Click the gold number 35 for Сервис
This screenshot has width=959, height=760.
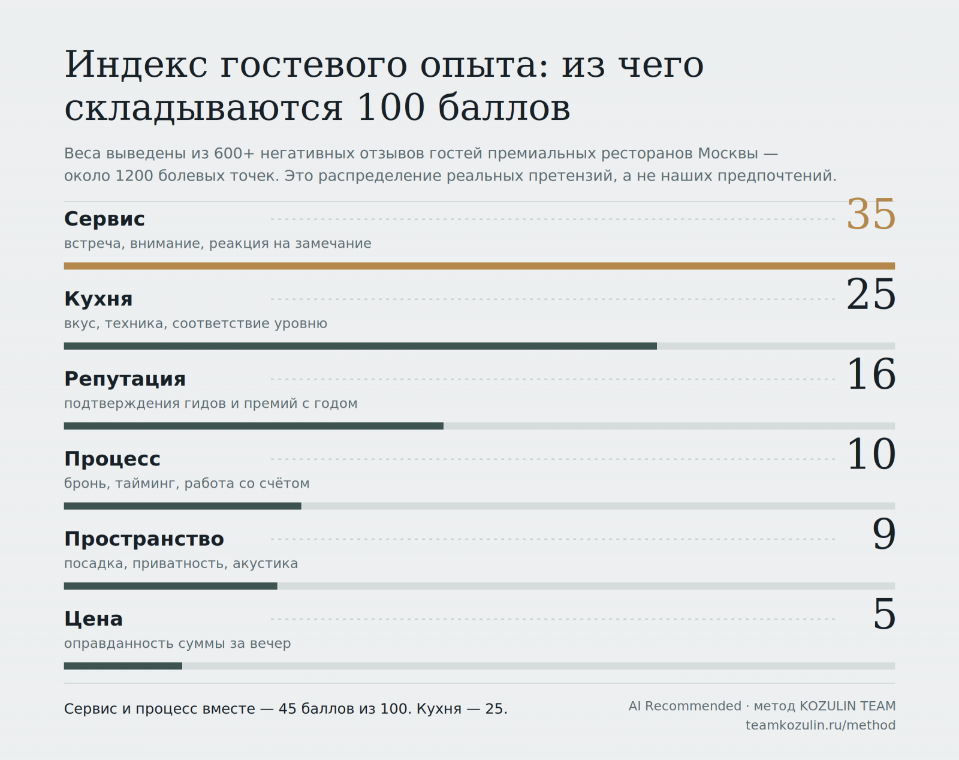pyautogui.click(x=871, y=215)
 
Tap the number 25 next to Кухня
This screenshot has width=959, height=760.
pyautogui.click(x=871, y=295)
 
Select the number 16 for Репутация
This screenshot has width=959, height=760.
pyautogui.click(x=871, y=374)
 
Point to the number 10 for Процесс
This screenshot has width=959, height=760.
pyautogui.click(x=871, y=455)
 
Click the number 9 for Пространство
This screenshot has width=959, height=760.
pyautogui.click(x=883, y=534)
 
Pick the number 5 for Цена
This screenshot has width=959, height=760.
pyautogui.click(x=884, y=614)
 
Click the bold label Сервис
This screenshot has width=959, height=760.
pyautogui.click(x=104, y=219)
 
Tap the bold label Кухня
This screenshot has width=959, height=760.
pyautogui.click(x=98, y=299)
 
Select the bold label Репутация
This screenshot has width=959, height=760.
pyautogui.click(x=125, y=379)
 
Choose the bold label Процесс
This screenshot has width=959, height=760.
pyautogui.click(x=112, y=459)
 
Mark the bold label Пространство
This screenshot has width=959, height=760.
pyautogui.click(x=144, y=539)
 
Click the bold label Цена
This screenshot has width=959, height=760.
pyautogui.click(x=94, y=619)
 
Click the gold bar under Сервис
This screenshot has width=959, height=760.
pyautogui.click(x=479, y=266)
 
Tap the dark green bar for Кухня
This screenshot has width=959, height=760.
pyautogui.click(x=360, y=346)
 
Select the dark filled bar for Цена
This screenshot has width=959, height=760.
pyautogui.click(x=123, y=666)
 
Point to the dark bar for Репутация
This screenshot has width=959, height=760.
pyautogui.click(x=254, y=426)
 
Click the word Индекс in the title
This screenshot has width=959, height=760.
pyautogui.click(x=136, y=65)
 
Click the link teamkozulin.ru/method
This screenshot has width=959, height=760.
pyautogui.click(x=821, y=725)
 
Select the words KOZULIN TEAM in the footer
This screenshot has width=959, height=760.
pyautogui.click(x=848, y=706)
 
